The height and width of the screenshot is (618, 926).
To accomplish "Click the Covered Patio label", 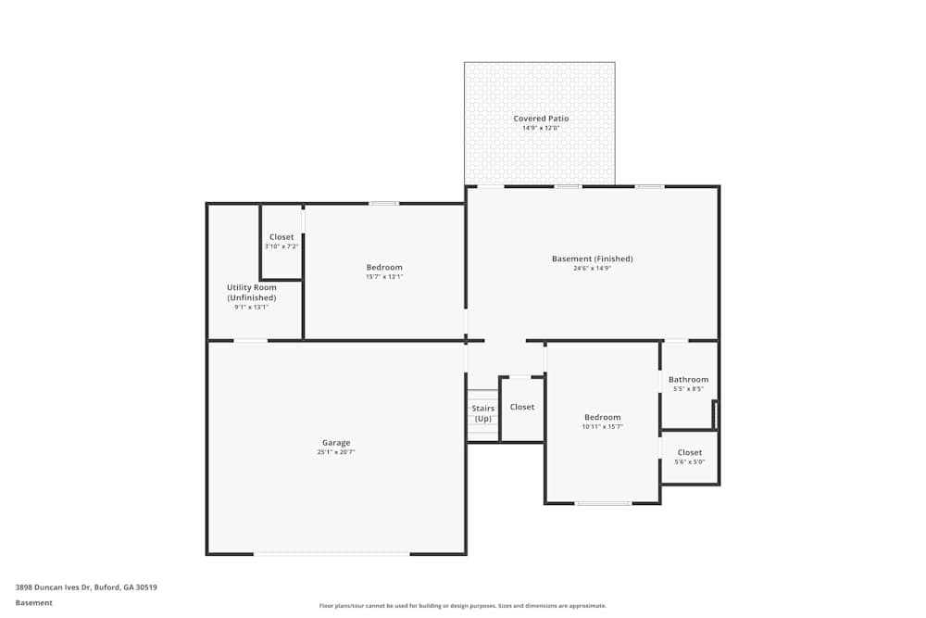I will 541,119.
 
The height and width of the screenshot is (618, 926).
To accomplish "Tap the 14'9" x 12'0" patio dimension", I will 541,128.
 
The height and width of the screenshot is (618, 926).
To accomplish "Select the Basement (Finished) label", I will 592,259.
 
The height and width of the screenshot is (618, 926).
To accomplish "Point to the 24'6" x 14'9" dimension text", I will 592,268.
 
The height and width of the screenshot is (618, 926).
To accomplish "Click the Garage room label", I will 335,443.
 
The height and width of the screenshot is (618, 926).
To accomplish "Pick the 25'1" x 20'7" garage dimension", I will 335,452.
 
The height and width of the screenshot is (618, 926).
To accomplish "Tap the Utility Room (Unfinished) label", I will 252,292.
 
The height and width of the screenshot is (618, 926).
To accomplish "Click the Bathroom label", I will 688,379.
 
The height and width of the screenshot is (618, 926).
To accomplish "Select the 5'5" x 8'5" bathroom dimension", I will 688,389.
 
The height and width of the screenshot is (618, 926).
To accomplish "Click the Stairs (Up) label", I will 482,413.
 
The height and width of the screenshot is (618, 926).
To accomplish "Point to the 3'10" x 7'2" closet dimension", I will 282,246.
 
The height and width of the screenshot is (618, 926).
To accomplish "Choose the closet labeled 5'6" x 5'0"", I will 689,457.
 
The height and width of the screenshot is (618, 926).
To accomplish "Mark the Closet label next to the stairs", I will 521,407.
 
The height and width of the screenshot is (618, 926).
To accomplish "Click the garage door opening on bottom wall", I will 332,554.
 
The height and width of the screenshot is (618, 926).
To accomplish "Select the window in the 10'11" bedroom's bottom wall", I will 603,503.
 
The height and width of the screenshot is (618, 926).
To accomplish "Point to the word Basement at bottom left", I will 34,602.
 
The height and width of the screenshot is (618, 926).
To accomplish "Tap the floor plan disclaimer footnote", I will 463,606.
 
